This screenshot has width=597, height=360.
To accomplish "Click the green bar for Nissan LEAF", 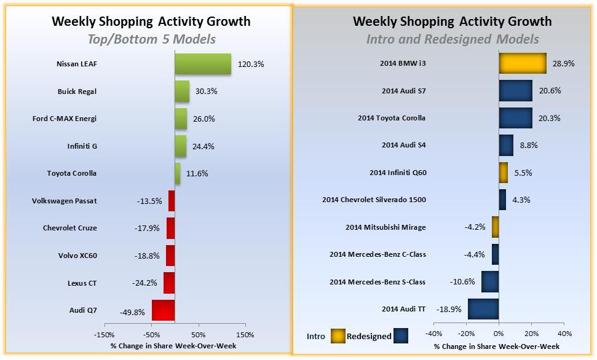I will (203, 64).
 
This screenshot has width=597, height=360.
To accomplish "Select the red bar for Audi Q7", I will (164, 310).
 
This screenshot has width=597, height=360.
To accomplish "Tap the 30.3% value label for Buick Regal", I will (205, 92).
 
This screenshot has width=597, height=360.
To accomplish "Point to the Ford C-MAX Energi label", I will (65, 119).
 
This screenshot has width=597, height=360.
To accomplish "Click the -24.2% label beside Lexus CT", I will (146, 283).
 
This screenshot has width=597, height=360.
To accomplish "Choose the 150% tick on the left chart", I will (245, 335).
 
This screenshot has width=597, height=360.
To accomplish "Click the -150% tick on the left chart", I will (104, 335).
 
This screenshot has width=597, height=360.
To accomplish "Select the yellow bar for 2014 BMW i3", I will (523, 63).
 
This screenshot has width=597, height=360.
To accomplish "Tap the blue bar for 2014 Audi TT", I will (483, 309).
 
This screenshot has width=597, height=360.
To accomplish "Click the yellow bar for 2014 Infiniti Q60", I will (504, 173).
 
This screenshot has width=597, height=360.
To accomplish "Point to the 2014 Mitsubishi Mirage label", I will (385, 227).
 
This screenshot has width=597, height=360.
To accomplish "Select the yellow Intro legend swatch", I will (338, 336).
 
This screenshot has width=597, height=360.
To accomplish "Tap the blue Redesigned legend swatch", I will (401, 336).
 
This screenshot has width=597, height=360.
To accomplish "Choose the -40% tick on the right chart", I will (433, 334).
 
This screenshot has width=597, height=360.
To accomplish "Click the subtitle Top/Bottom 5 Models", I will (151, 39).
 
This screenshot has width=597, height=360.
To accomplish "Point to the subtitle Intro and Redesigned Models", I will (452, 39).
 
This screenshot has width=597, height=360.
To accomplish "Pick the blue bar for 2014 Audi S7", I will (515, 91).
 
